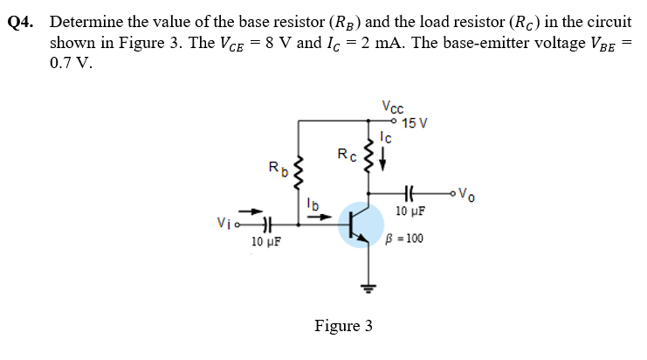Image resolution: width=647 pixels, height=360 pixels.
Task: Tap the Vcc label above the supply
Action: tap(392, 107)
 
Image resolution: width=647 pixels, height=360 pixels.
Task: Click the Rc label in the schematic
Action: tap(347, 156)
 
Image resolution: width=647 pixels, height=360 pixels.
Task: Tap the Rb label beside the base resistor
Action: tap(276, 166)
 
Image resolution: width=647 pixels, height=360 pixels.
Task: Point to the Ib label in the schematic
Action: tap(313, 204)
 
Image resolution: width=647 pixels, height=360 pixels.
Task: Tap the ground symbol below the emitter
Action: tap(368, 287)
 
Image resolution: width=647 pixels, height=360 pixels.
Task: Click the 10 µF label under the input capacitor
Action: tap(265, 241)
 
